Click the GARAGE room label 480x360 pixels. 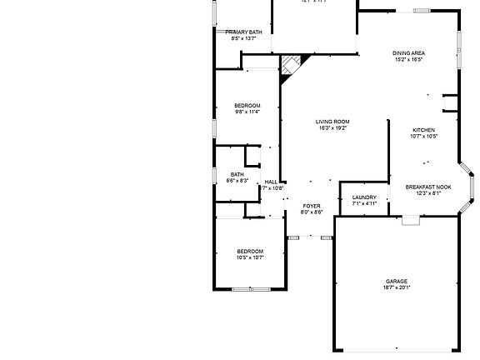396,281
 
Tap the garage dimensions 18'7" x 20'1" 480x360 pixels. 396,287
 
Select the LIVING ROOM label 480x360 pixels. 332,122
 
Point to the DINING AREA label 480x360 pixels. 408,53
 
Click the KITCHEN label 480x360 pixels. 424,130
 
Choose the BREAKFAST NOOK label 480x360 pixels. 428,187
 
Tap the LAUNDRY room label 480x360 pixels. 364,197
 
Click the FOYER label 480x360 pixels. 312,205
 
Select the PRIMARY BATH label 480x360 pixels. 244,32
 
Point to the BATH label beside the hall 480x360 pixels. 237,174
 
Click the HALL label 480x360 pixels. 271,182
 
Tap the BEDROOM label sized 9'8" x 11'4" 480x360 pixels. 247,105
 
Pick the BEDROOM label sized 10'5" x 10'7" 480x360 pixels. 249,251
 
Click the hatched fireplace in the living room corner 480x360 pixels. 291,66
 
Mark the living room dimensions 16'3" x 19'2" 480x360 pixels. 332,128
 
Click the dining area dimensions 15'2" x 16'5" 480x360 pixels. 408,60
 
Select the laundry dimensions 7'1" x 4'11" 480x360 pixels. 364,203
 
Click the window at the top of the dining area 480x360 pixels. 422,11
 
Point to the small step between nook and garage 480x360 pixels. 410,220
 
